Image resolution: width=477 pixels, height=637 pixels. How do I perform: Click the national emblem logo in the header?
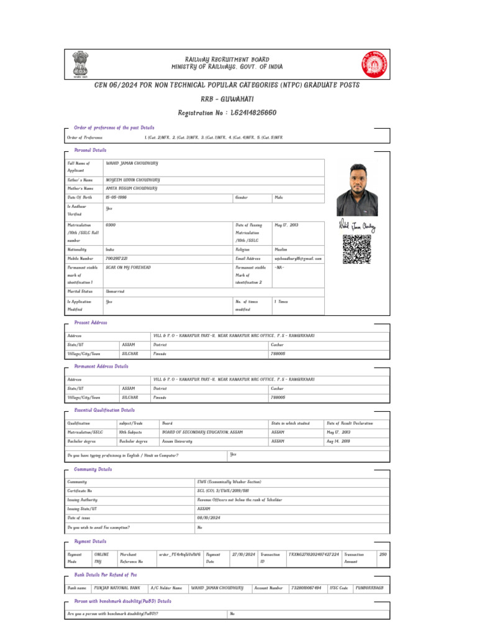click(x=79, y=64)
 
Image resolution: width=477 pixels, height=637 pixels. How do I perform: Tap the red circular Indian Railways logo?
click(x=373, y=64)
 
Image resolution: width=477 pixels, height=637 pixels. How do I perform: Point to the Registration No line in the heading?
click(x=227, y=113)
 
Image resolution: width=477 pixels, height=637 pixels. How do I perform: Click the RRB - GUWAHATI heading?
click(x=227, y=99)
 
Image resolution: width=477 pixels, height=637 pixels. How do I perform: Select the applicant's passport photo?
click(x=357, y=188)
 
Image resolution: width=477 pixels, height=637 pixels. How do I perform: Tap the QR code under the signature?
click(x=357, y=249)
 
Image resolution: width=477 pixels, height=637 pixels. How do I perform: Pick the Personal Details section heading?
click(x=90, y=151)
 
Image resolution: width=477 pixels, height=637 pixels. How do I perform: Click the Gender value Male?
click(x=279, y=197)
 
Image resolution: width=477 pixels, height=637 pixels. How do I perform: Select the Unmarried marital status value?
click(x=116, y=291)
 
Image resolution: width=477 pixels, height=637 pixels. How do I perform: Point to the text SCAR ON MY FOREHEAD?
click(x=129, y=267)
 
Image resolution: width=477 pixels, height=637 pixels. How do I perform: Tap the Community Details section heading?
click(x=93, y=470)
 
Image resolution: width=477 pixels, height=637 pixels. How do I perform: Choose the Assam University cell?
click(x=177, y=441)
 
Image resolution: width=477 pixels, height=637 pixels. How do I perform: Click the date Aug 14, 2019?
click(x=338, y=441)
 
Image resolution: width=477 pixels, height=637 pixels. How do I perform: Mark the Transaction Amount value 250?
click(x=383, y=554)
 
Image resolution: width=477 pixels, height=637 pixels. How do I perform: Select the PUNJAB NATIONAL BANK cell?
click(x=117, y=587)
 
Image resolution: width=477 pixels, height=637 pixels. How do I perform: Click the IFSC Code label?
click(x=338, y=587)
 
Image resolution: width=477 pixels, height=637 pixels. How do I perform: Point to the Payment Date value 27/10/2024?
click(x=243, y=554)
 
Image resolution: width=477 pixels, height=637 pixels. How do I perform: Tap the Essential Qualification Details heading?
click(x=104, y=411)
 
